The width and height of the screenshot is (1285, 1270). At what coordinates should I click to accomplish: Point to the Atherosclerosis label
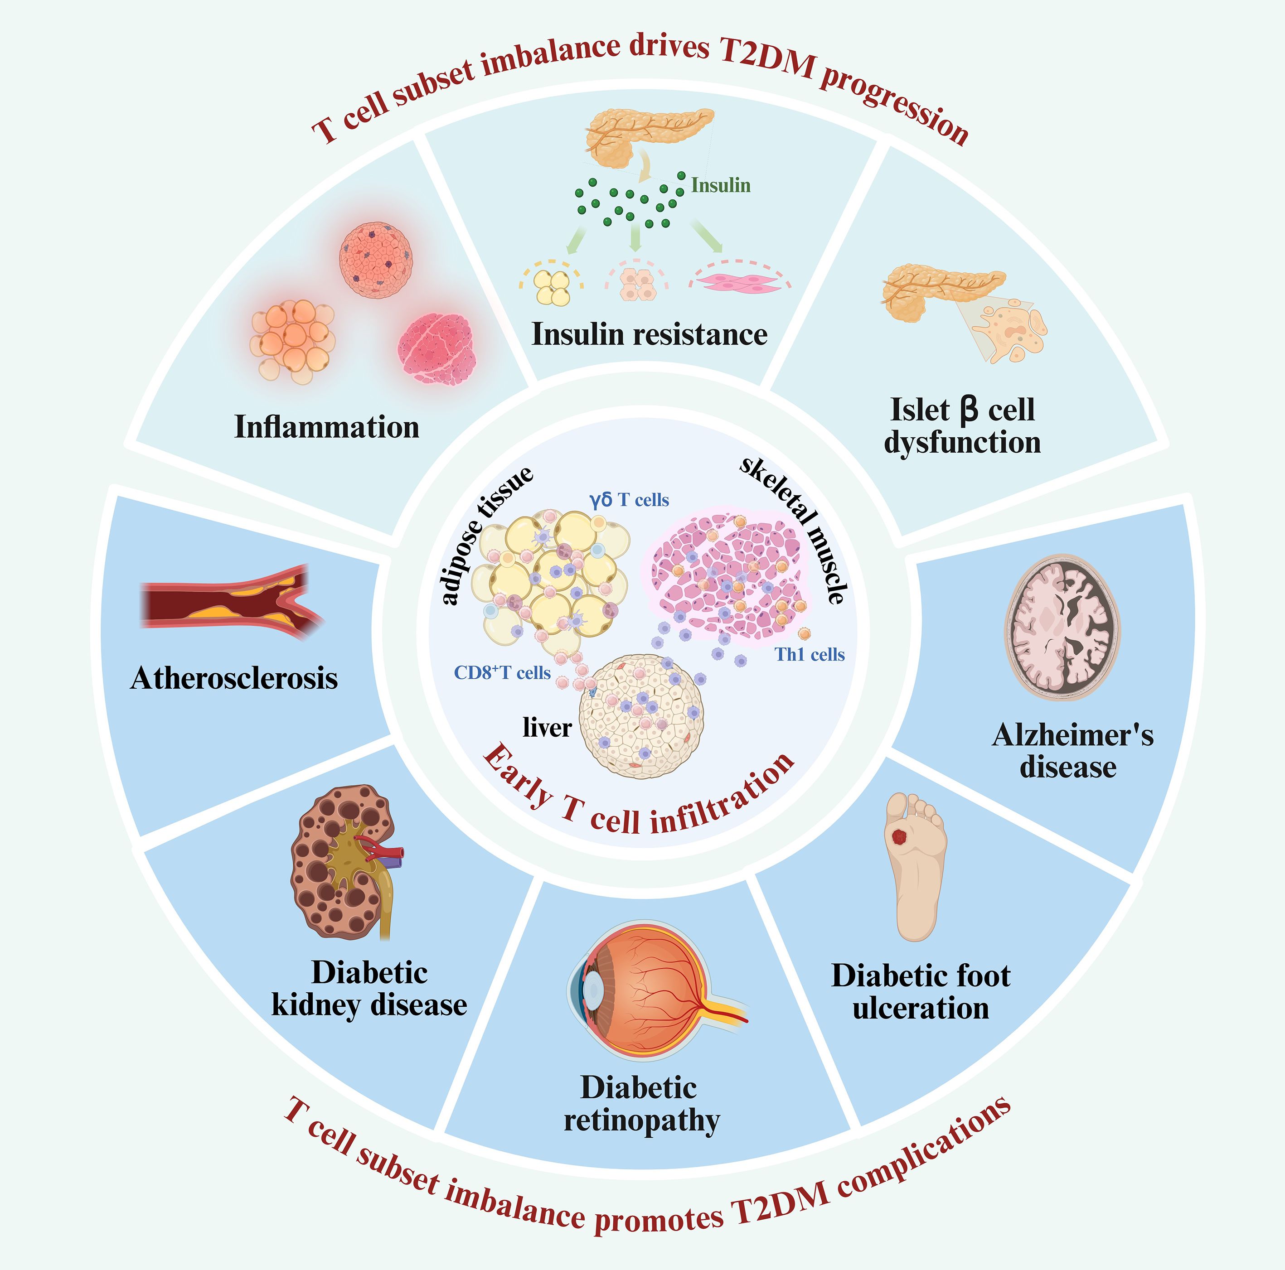coord(234,678)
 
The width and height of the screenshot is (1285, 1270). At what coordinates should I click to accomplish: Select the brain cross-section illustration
coord(1062,628)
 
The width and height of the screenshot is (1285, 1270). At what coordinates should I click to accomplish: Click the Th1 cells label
coord(810,655)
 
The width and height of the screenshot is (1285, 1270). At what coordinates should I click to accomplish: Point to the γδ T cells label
coord(629,500)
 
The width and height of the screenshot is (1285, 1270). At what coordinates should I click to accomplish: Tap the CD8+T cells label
coord(502,673)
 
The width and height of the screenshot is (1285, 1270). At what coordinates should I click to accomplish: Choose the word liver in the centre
coord(547,727)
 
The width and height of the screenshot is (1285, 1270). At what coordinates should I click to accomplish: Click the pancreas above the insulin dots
coord(642,133)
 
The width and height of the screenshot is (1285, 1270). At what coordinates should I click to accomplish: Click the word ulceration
coord(921,1009)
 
